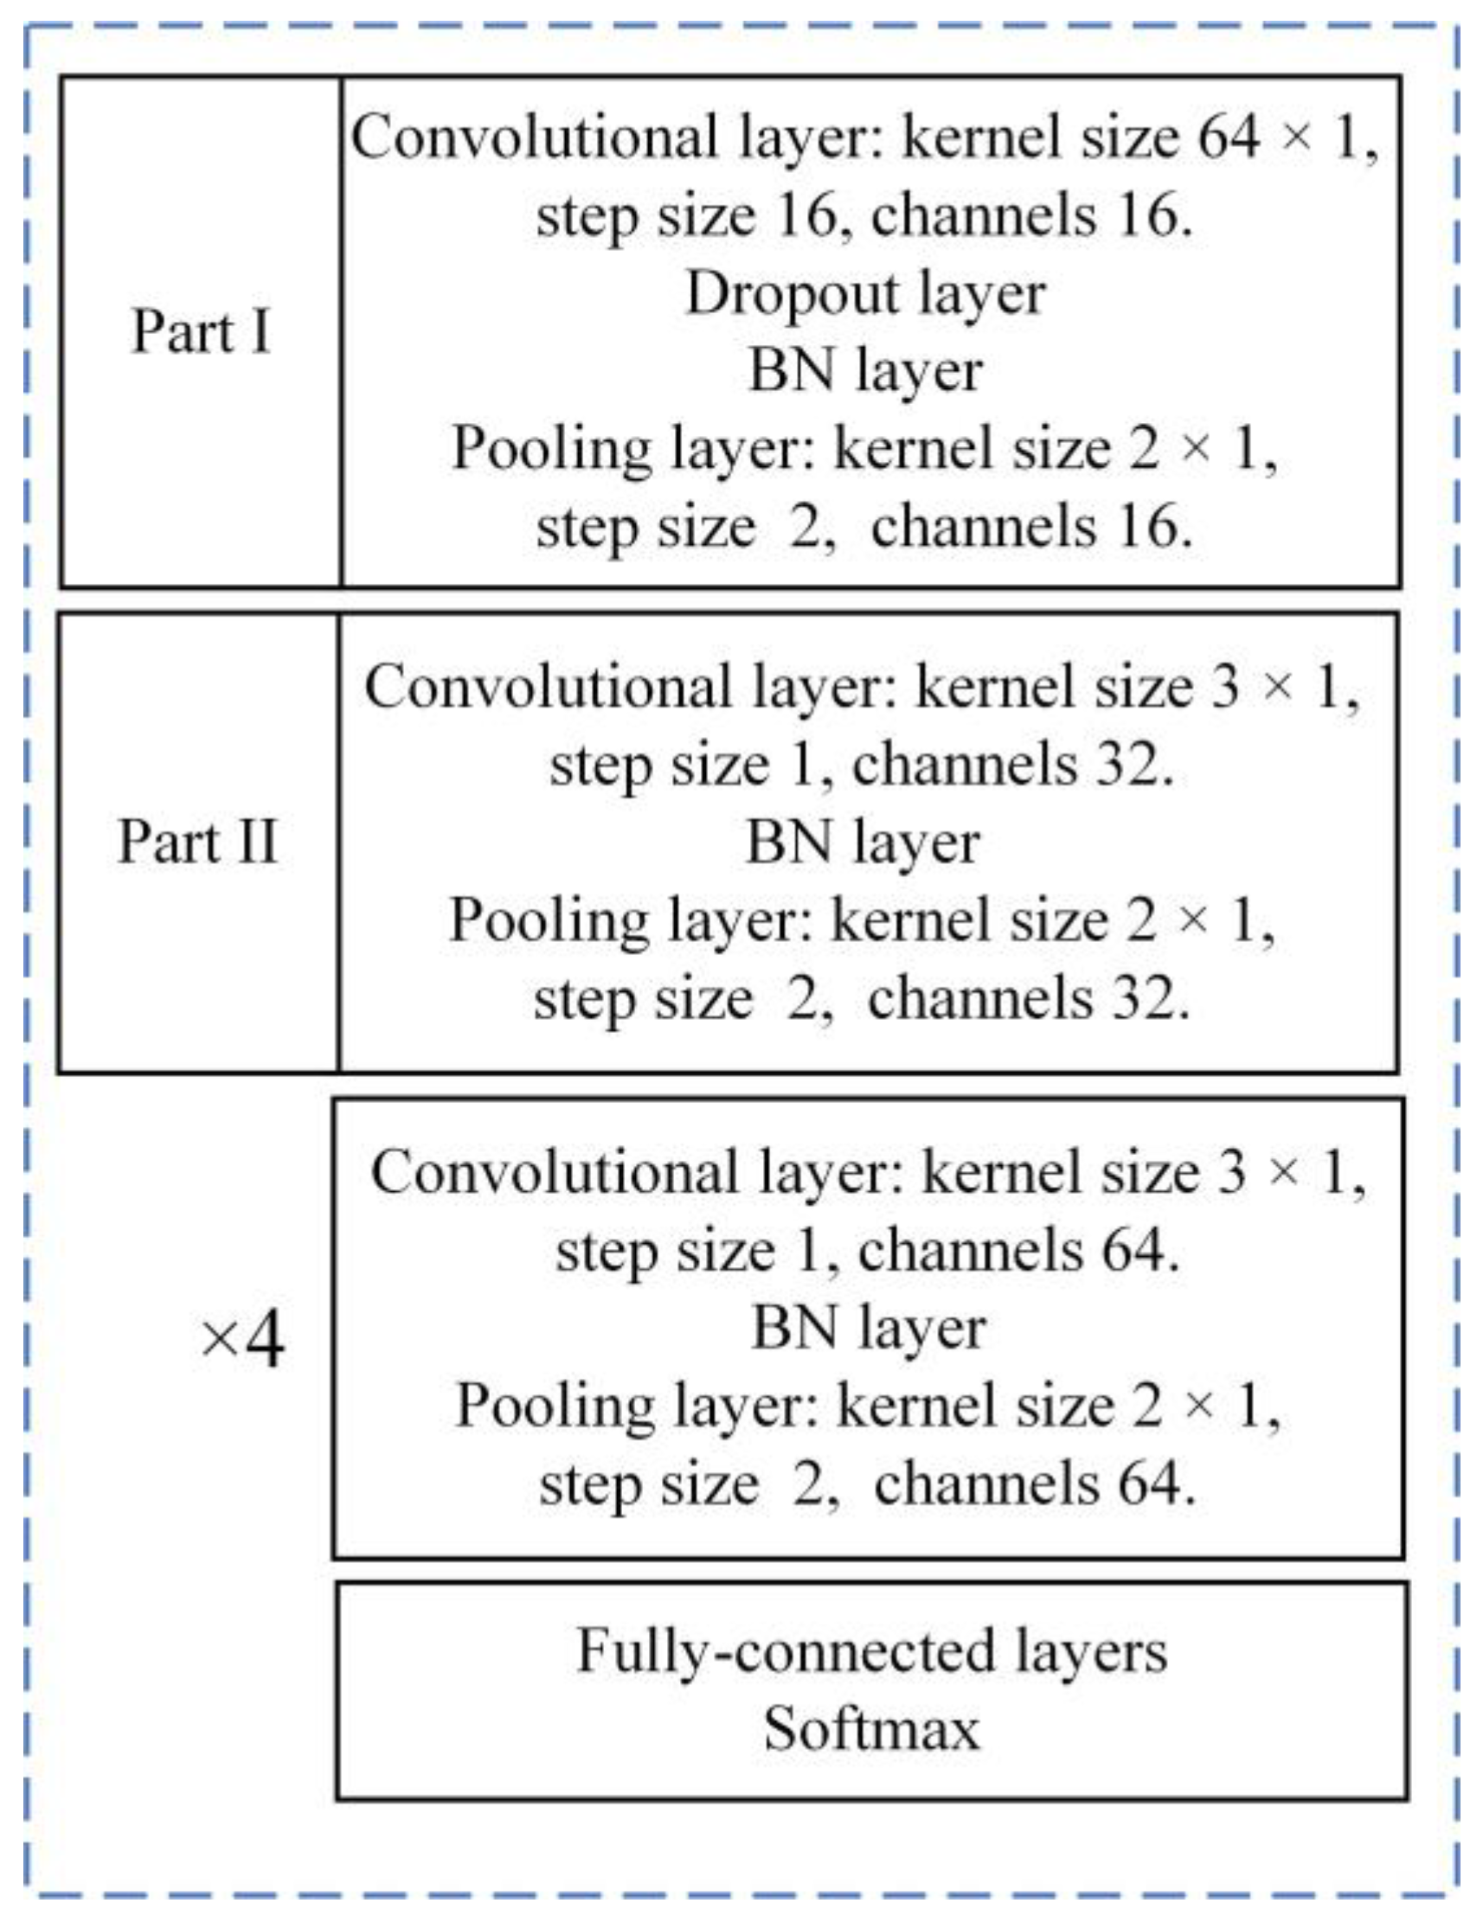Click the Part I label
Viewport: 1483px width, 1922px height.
pos(201,332)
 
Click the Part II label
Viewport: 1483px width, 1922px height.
pos(198,842)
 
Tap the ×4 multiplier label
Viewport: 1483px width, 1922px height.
pos(241,1342)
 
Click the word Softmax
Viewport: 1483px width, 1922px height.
pos(871,1728)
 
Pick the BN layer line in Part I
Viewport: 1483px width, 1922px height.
pos(865,370)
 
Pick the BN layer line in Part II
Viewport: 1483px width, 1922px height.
pos(863,842)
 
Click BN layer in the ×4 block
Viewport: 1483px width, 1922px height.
pos(868,1328)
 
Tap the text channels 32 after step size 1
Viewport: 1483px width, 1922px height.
pos(1012,765)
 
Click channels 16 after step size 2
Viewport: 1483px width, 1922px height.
pos(1031,527)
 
